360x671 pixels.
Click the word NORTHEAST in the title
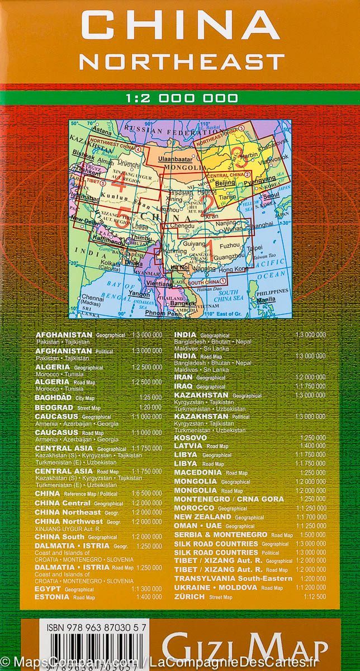pos(180,60)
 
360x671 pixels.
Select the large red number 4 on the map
pos(119,180)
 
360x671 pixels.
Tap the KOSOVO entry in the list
pos(191,437)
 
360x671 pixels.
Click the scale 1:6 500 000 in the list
pos(146,494)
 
